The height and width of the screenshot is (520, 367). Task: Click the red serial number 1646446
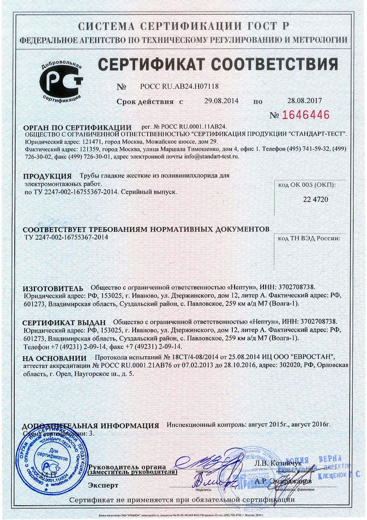(x=305, y=115)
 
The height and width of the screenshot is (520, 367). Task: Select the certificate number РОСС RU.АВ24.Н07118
(x=179, y=87)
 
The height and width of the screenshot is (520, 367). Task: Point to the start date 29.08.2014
(x=221, y=101)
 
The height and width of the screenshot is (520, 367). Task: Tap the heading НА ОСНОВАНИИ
(x=54, y=358)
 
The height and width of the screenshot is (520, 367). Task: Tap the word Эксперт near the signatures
(x=103, y=485)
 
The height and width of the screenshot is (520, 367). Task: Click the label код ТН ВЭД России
(x=309, y=239)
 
